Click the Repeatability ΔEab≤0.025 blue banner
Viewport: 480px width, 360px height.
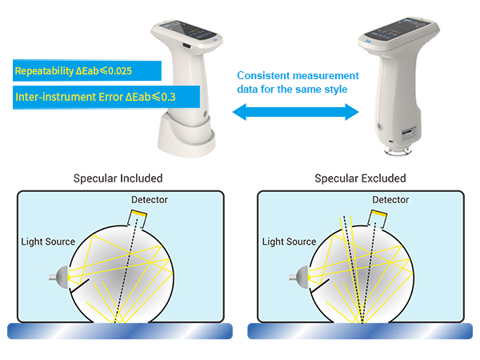[87, 70]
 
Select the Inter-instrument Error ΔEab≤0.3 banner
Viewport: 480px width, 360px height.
[106, 97]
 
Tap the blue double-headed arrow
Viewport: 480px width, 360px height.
[295, 112]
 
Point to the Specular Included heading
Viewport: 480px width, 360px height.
[118, 178]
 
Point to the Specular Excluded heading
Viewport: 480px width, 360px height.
[360, 178]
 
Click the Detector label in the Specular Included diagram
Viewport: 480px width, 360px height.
[150, 200]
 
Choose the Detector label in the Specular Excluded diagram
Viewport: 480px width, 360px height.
[390, 200]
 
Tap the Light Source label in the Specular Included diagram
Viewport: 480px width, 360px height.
[48, 242]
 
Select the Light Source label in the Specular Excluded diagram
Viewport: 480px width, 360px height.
[290, 242]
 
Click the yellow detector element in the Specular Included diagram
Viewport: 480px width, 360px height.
[139, 214]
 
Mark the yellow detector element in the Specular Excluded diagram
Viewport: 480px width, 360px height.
[379, 214]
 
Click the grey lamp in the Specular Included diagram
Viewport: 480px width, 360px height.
[60, 277]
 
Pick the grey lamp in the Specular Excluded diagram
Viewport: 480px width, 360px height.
[301, 277]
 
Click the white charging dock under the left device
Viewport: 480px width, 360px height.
[186, 136]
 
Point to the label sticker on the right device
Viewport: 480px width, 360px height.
[410, 134]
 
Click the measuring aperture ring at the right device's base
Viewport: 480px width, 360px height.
[398, 150]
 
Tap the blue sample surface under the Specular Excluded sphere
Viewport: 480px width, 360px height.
[360, 331]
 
